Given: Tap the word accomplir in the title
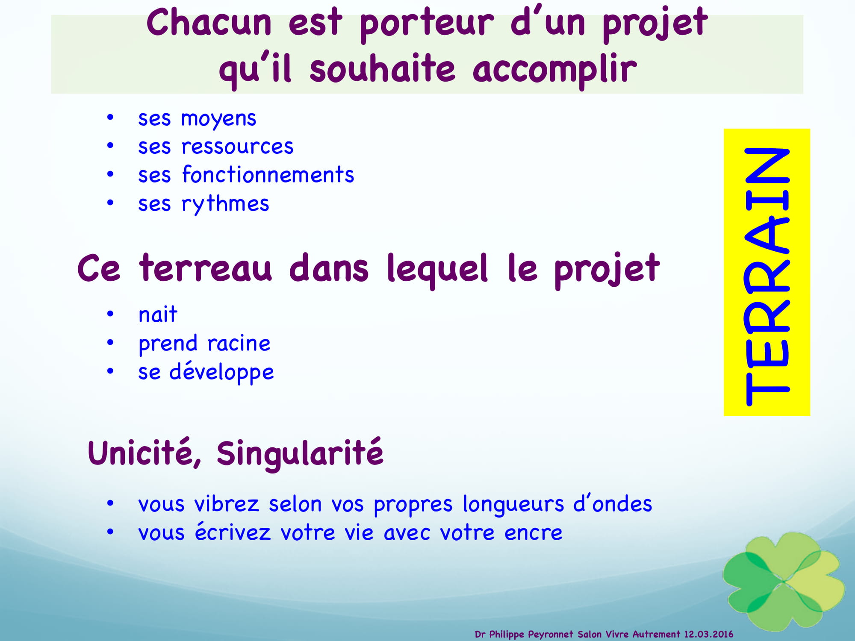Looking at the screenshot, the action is coord(555,71).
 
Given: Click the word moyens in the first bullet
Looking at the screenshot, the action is coord(218,119).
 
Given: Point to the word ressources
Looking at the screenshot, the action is coord(238,147).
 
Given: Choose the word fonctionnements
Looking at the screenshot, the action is coord(268,174).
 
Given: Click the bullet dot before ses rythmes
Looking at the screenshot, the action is coord(110,203).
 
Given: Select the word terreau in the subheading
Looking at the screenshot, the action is coord(206,268).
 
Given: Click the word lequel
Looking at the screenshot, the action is coord(437,269).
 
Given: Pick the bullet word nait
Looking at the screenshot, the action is coord(158,315).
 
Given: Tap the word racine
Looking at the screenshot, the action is coord(239,344).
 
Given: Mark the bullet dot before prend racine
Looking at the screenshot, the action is coord(110,343).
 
